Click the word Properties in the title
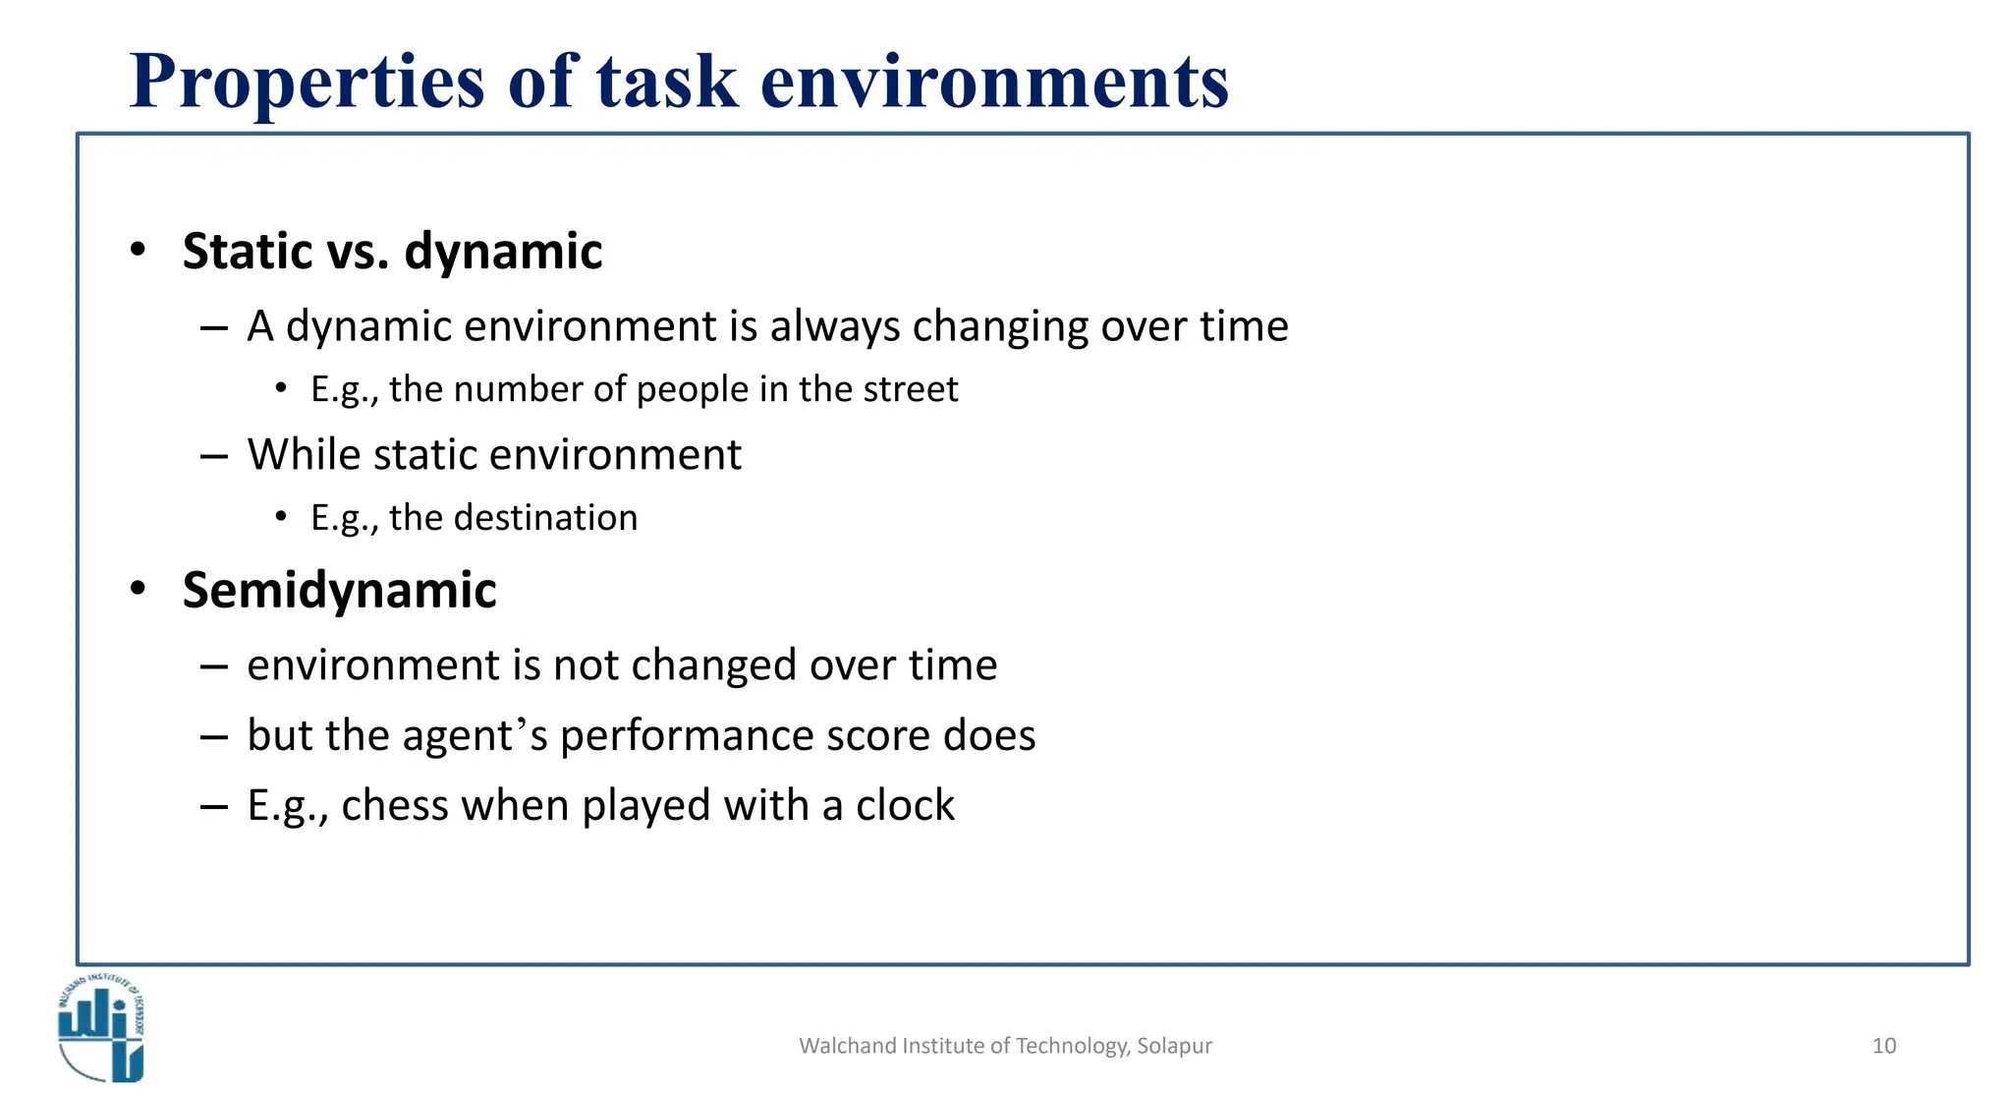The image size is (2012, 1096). click(307, 82)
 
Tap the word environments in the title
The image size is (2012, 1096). click(994, 82)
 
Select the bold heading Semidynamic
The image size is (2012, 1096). click(339, 590)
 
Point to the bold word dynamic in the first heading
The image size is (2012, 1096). click(503, 251)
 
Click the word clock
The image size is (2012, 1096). click(905, 805)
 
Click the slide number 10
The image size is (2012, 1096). click(1883, 1046)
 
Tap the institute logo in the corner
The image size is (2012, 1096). click(101, 1028)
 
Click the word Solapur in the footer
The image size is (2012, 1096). click(1174, 1046)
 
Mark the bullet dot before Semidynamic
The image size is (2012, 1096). click(139, 589)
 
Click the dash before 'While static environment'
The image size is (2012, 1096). click(213, 456)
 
